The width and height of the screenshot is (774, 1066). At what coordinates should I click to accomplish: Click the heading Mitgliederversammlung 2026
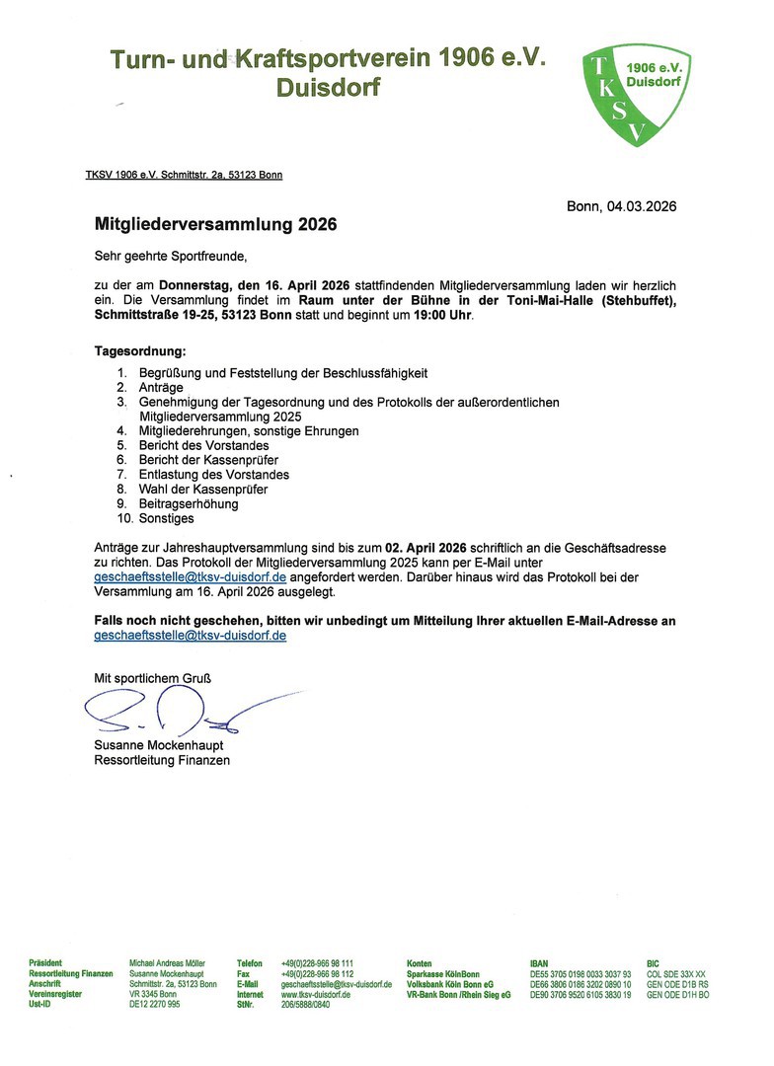215,224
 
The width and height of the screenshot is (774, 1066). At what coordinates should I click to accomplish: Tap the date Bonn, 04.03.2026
621,206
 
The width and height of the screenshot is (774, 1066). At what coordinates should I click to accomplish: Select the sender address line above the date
184,175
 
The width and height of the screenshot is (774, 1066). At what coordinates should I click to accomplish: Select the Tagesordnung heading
139,351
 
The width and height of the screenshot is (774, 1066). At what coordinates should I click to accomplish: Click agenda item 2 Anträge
161,388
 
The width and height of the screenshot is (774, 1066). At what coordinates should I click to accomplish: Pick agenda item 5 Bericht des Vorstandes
204,445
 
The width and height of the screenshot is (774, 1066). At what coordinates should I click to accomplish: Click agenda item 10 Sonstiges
167,518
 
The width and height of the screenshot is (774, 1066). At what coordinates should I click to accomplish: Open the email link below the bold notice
190,636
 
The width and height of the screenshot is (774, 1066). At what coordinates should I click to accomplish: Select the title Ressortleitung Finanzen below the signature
162,760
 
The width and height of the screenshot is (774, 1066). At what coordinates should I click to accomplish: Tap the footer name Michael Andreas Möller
168,962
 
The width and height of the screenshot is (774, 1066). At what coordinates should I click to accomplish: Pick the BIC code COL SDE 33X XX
676,973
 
